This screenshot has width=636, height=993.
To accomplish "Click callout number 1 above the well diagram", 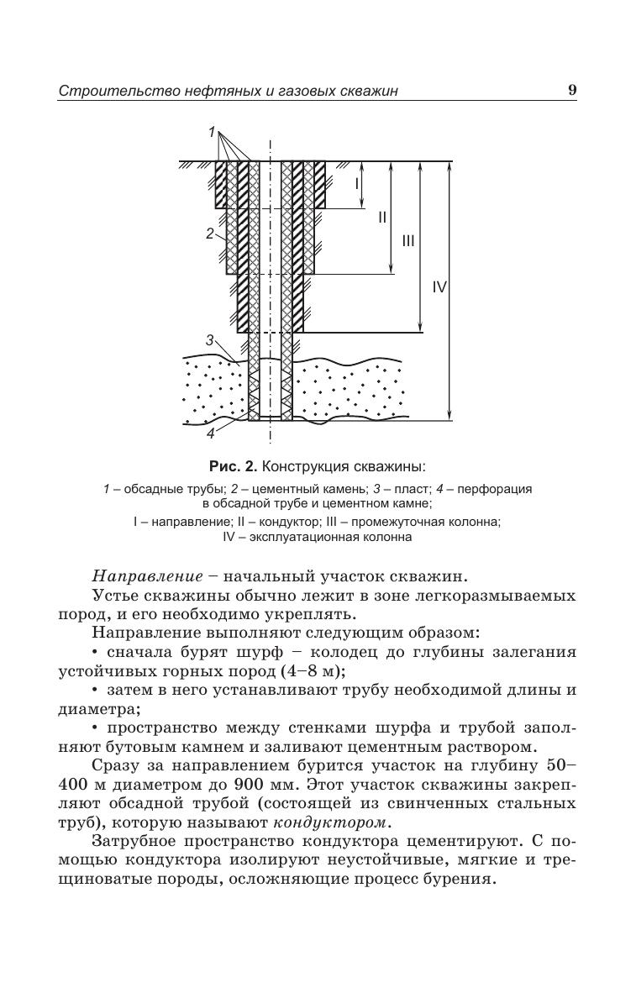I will pos(213,132).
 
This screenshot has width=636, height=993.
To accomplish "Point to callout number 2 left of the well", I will pos(210,234).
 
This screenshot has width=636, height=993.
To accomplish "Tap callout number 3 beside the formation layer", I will pos(210,339).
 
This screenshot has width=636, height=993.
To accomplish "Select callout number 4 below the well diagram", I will pos(211,433).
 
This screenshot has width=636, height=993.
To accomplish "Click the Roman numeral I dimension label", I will pos(356,183).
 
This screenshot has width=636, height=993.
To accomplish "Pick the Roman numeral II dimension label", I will pos(382,217).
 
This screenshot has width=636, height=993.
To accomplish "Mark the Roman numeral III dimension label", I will pos(408,241).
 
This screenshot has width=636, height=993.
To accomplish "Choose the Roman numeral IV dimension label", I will pos(439,287).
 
